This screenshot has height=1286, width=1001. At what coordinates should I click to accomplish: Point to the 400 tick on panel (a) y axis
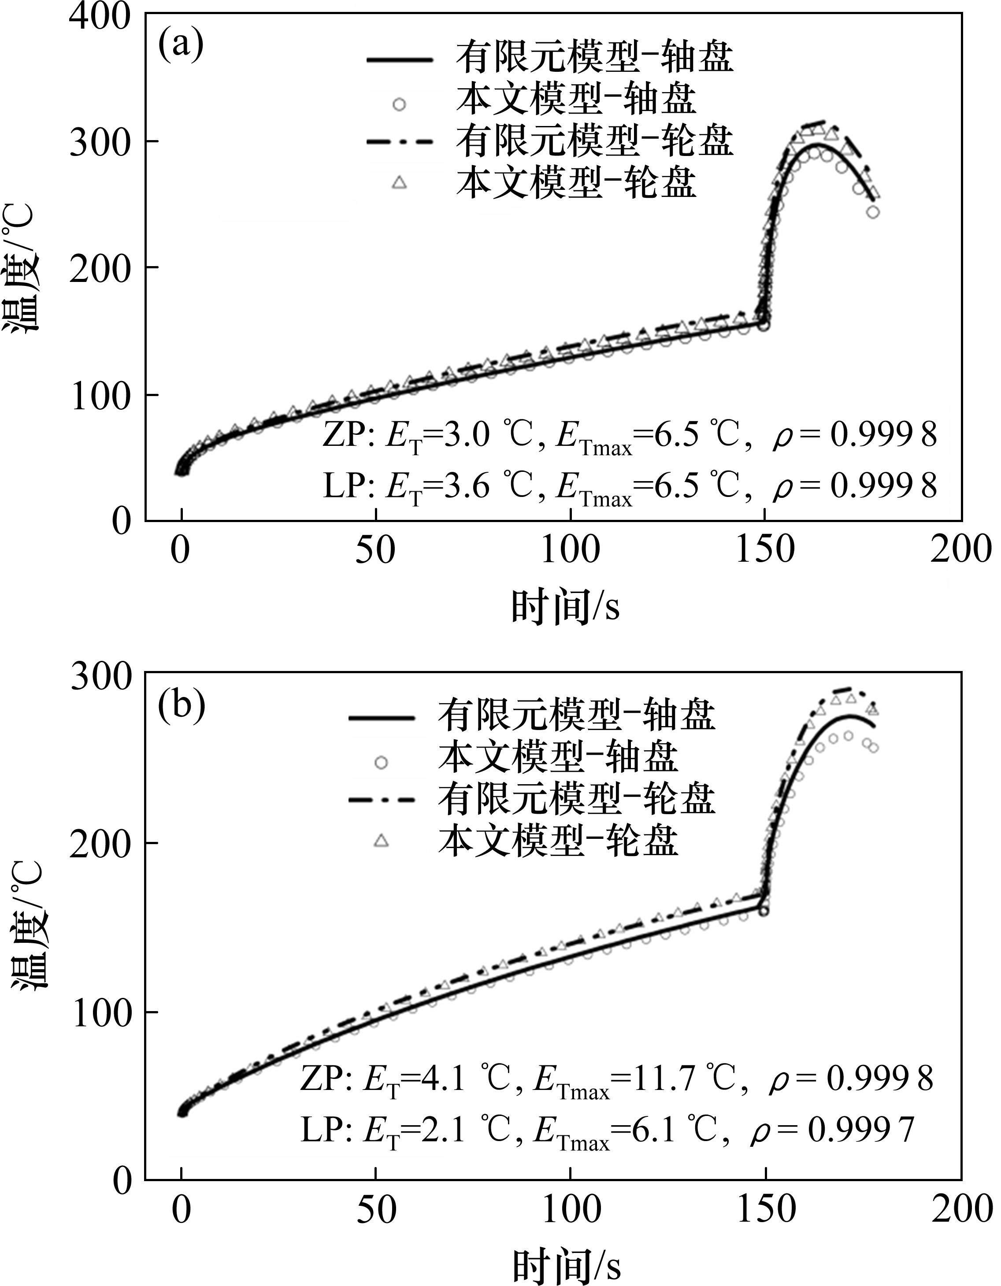click(x=100, y=14)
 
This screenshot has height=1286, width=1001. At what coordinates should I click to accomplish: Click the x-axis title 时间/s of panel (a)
click(x=565, y=607)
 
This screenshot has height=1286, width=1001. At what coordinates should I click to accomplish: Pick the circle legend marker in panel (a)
click(x=399, y=104)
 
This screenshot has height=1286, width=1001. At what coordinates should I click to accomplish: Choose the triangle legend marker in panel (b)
click(x=382, y=840)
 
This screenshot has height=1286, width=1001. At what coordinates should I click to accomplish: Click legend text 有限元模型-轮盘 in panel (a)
click(x=595, y=141)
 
